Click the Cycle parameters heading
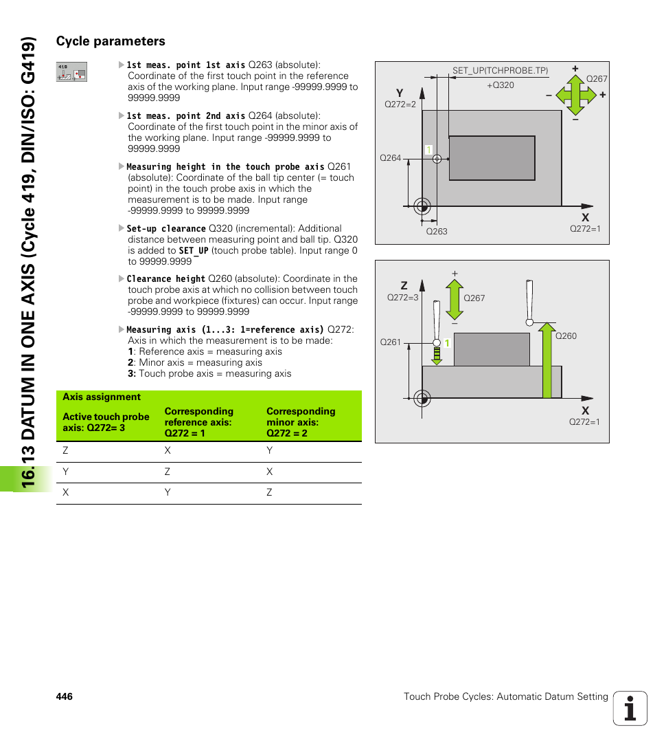click(111, 41)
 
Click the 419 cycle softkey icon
click(71, 71)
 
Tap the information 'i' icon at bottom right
click(630, 708)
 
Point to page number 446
click(65, 697)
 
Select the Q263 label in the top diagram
click(437, 232)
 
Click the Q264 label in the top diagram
click(390, 158)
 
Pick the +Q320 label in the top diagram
click(500, 85)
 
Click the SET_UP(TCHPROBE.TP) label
click(500, 71)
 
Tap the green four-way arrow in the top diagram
click(575, 95)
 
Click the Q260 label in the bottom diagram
click(566, 336)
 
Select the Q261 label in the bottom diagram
click(390, 342)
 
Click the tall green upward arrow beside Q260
click(547, 361)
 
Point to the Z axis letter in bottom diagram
click(404, 285)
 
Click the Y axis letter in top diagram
click(399, 93)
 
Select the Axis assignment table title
click(102, 397)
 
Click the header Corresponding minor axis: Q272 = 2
click(301, 422)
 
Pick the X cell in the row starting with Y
click(270, 472)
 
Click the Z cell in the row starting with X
click(270, 493)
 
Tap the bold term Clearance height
click(165, 279)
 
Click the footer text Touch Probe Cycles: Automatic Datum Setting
click(505, 697)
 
